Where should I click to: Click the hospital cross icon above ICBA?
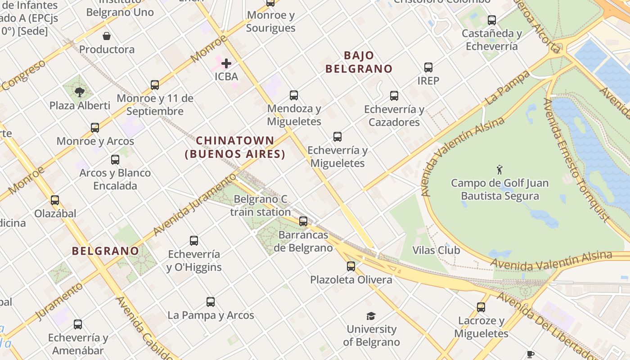(226, 63)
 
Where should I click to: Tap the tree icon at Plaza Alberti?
(80, 92)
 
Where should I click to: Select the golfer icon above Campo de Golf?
(499, 170)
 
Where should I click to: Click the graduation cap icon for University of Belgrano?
(371, 316)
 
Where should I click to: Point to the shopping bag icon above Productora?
(107, 36)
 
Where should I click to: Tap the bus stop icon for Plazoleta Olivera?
(351, 266)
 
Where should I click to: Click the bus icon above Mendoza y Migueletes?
(294, 95)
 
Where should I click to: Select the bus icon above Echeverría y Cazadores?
(394, 96)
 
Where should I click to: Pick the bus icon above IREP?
(428, 67)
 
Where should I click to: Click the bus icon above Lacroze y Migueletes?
(481, 307)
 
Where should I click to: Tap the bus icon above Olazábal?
(55, 200)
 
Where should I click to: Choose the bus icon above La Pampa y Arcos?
(211, 302)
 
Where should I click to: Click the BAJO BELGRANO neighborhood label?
(359, 62)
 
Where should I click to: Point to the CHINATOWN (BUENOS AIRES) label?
(235, 147)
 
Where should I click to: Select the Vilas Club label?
(436, 250)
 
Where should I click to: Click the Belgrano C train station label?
(261, 206)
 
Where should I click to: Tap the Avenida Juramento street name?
(194, 204)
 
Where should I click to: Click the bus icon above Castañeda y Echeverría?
(492, 20)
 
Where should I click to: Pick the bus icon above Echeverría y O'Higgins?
(194, 241)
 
